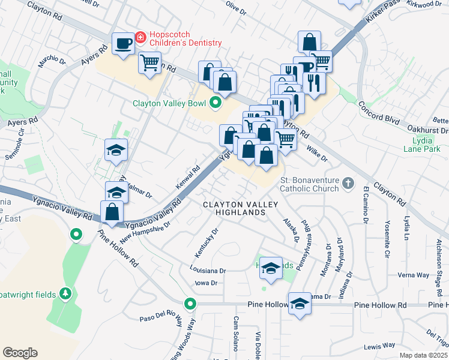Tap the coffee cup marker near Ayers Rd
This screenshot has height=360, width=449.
click(123, 43)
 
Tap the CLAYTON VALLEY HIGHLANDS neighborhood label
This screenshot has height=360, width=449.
click(240, 209)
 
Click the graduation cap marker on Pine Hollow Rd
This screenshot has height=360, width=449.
click(299, 304)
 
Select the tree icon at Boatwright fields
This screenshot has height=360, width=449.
click(66, 294)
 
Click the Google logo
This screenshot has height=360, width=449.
click(20, 353)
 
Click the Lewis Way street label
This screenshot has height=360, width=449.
click(379, 346)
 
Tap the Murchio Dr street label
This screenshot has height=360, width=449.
click(52, 61)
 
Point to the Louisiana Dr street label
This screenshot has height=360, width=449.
click(207, 271)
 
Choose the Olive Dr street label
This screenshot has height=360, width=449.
click(236, 8)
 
